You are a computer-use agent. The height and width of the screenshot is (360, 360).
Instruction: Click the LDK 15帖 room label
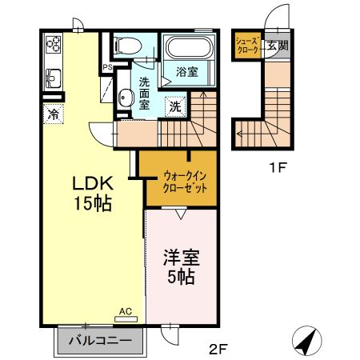[93, 194]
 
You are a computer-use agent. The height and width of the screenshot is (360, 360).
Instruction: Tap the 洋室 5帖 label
[182, 267]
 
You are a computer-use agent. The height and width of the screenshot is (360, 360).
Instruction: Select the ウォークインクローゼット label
[185, 182]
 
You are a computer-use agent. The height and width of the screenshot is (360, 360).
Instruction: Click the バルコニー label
[101, 341]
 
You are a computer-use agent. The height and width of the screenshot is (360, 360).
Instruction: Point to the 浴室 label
[187, 72]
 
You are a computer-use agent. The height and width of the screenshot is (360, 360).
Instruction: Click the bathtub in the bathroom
[189, 48]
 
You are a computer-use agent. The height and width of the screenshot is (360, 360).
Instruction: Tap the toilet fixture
[127, 46]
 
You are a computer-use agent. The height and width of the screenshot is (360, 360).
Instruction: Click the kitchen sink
[54, 78]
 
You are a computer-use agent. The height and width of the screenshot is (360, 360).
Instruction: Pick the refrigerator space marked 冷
[54, 114]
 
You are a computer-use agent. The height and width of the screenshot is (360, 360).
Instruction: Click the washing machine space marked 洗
[175, 106]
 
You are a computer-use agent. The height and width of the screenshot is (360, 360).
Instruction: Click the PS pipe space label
[108, 68]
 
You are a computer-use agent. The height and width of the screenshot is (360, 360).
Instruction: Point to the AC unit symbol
[126, 319]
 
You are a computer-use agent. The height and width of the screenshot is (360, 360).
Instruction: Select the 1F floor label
[278, 168]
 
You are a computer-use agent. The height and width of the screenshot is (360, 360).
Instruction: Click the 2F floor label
[218, 349]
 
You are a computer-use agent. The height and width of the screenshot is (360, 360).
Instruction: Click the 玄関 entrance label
[278, 46]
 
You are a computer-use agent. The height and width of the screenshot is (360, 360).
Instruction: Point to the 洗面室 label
[144, 94]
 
